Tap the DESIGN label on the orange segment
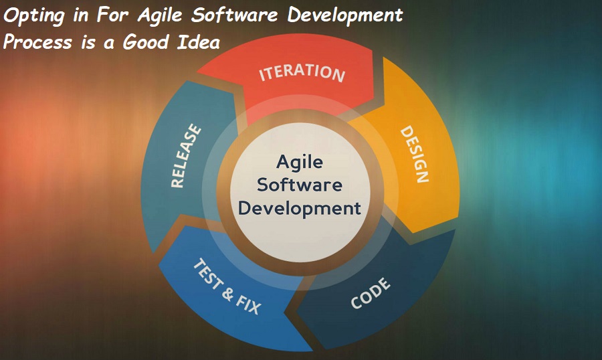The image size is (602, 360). pos(414,155)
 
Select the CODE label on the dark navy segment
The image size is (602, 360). pos(370,293)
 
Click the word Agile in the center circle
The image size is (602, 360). pos(299,162)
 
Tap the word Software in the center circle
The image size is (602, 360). pos(299,185)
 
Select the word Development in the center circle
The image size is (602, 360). pos(299,208)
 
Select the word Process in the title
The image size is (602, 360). pos(37,42)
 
